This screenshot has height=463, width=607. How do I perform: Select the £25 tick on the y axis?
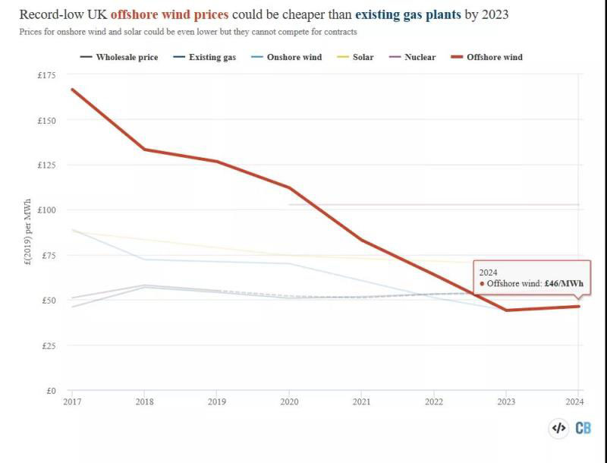49,346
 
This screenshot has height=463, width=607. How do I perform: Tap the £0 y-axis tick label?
51,391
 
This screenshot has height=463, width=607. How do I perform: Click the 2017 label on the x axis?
72,402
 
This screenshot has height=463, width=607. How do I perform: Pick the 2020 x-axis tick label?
289,402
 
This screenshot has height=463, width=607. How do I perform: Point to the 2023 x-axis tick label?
506,402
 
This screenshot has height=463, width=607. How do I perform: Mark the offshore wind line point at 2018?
145,150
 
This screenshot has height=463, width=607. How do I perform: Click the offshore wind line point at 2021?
362,241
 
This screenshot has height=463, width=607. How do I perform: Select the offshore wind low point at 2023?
506,310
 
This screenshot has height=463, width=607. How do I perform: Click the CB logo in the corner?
583,428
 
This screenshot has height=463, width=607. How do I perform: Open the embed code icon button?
559,428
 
